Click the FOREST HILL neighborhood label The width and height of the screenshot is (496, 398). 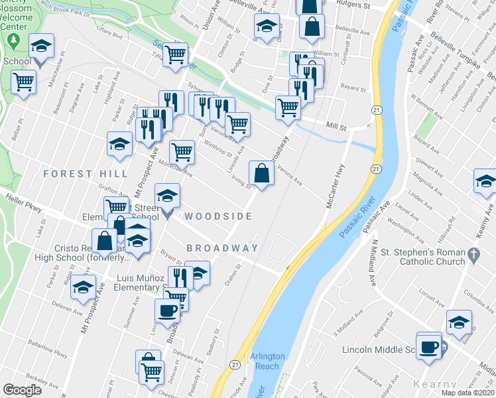click(86, 174)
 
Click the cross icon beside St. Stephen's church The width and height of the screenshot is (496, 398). click(473, 253)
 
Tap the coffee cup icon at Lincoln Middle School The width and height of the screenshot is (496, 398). click(429, 345)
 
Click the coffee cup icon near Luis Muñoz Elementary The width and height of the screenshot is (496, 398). click(167, 309)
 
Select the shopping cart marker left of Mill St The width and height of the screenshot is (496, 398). click(288, 106)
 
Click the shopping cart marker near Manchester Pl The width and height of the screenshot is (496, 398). click(24, 82)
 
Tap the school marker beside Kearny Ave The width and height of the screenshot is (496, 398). click(485, 180)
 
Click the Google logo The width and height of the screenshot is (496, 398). click(23, 390)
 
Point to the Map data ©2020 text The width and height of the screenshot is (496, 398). click(468, 393)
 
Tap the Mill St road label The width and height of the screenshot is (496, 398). click(338, 124)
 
